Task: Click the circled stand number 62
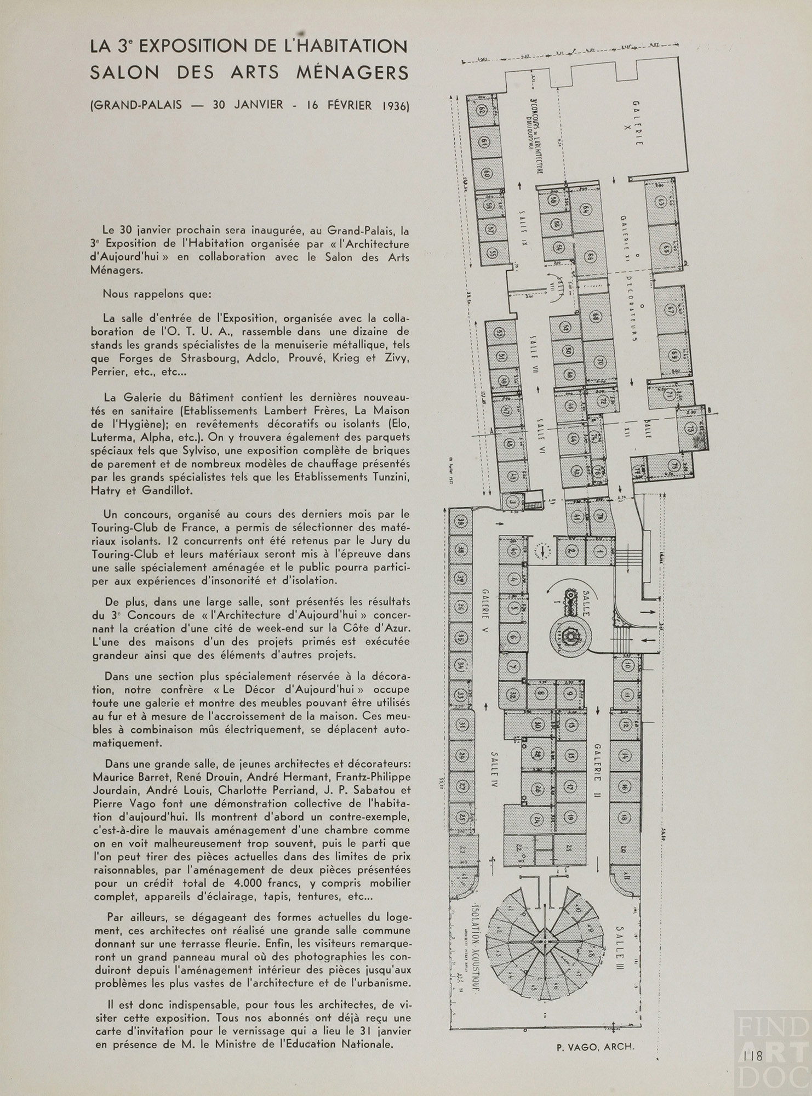point(483,110)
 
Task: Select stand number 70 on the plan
point(599,362)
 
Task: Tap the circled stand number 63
point(662,202)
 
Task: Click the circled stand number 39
point(461,521)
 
